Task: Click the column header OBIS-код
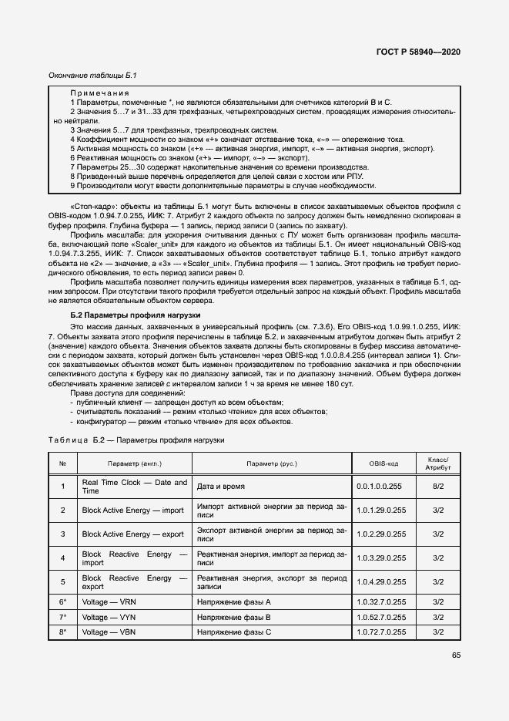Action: tap(378, 463)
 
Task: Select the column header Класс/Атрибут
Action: tap(437, 463)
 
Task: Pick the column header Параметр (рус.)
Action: tap(272, 463)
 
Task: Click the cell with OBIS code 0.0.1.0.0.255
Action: tap(378, 487)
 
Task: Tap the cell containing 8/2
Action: tap(437, 487)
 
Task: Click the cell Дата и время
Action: tap(219, 487)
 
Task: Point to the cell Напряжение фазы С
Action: tap(234, 632)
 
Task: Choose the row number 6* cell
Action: tap(63, 600)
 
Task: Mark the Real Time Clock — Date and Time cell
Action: tap(134, 487)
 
